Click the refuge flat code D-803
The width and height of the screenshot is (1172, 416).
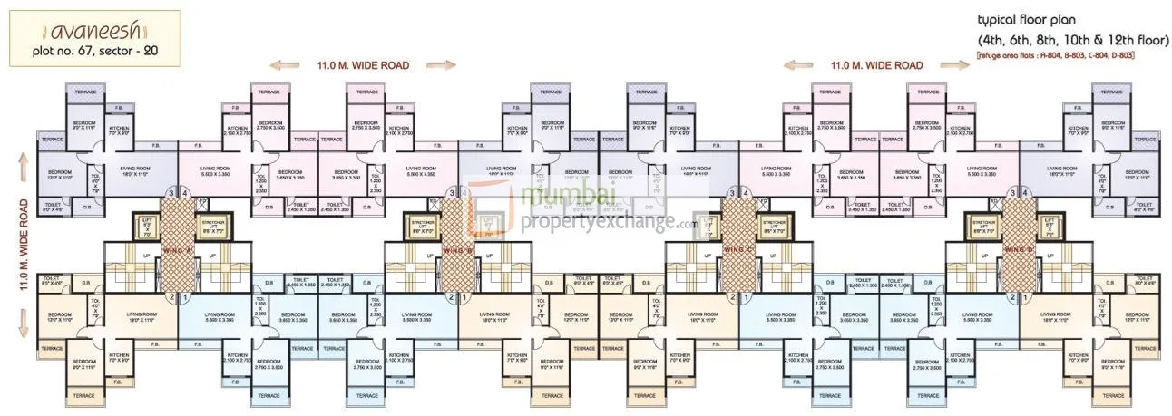(1118, 56)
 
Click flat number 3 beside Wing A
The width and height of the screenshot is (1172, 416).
(169, 193)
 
